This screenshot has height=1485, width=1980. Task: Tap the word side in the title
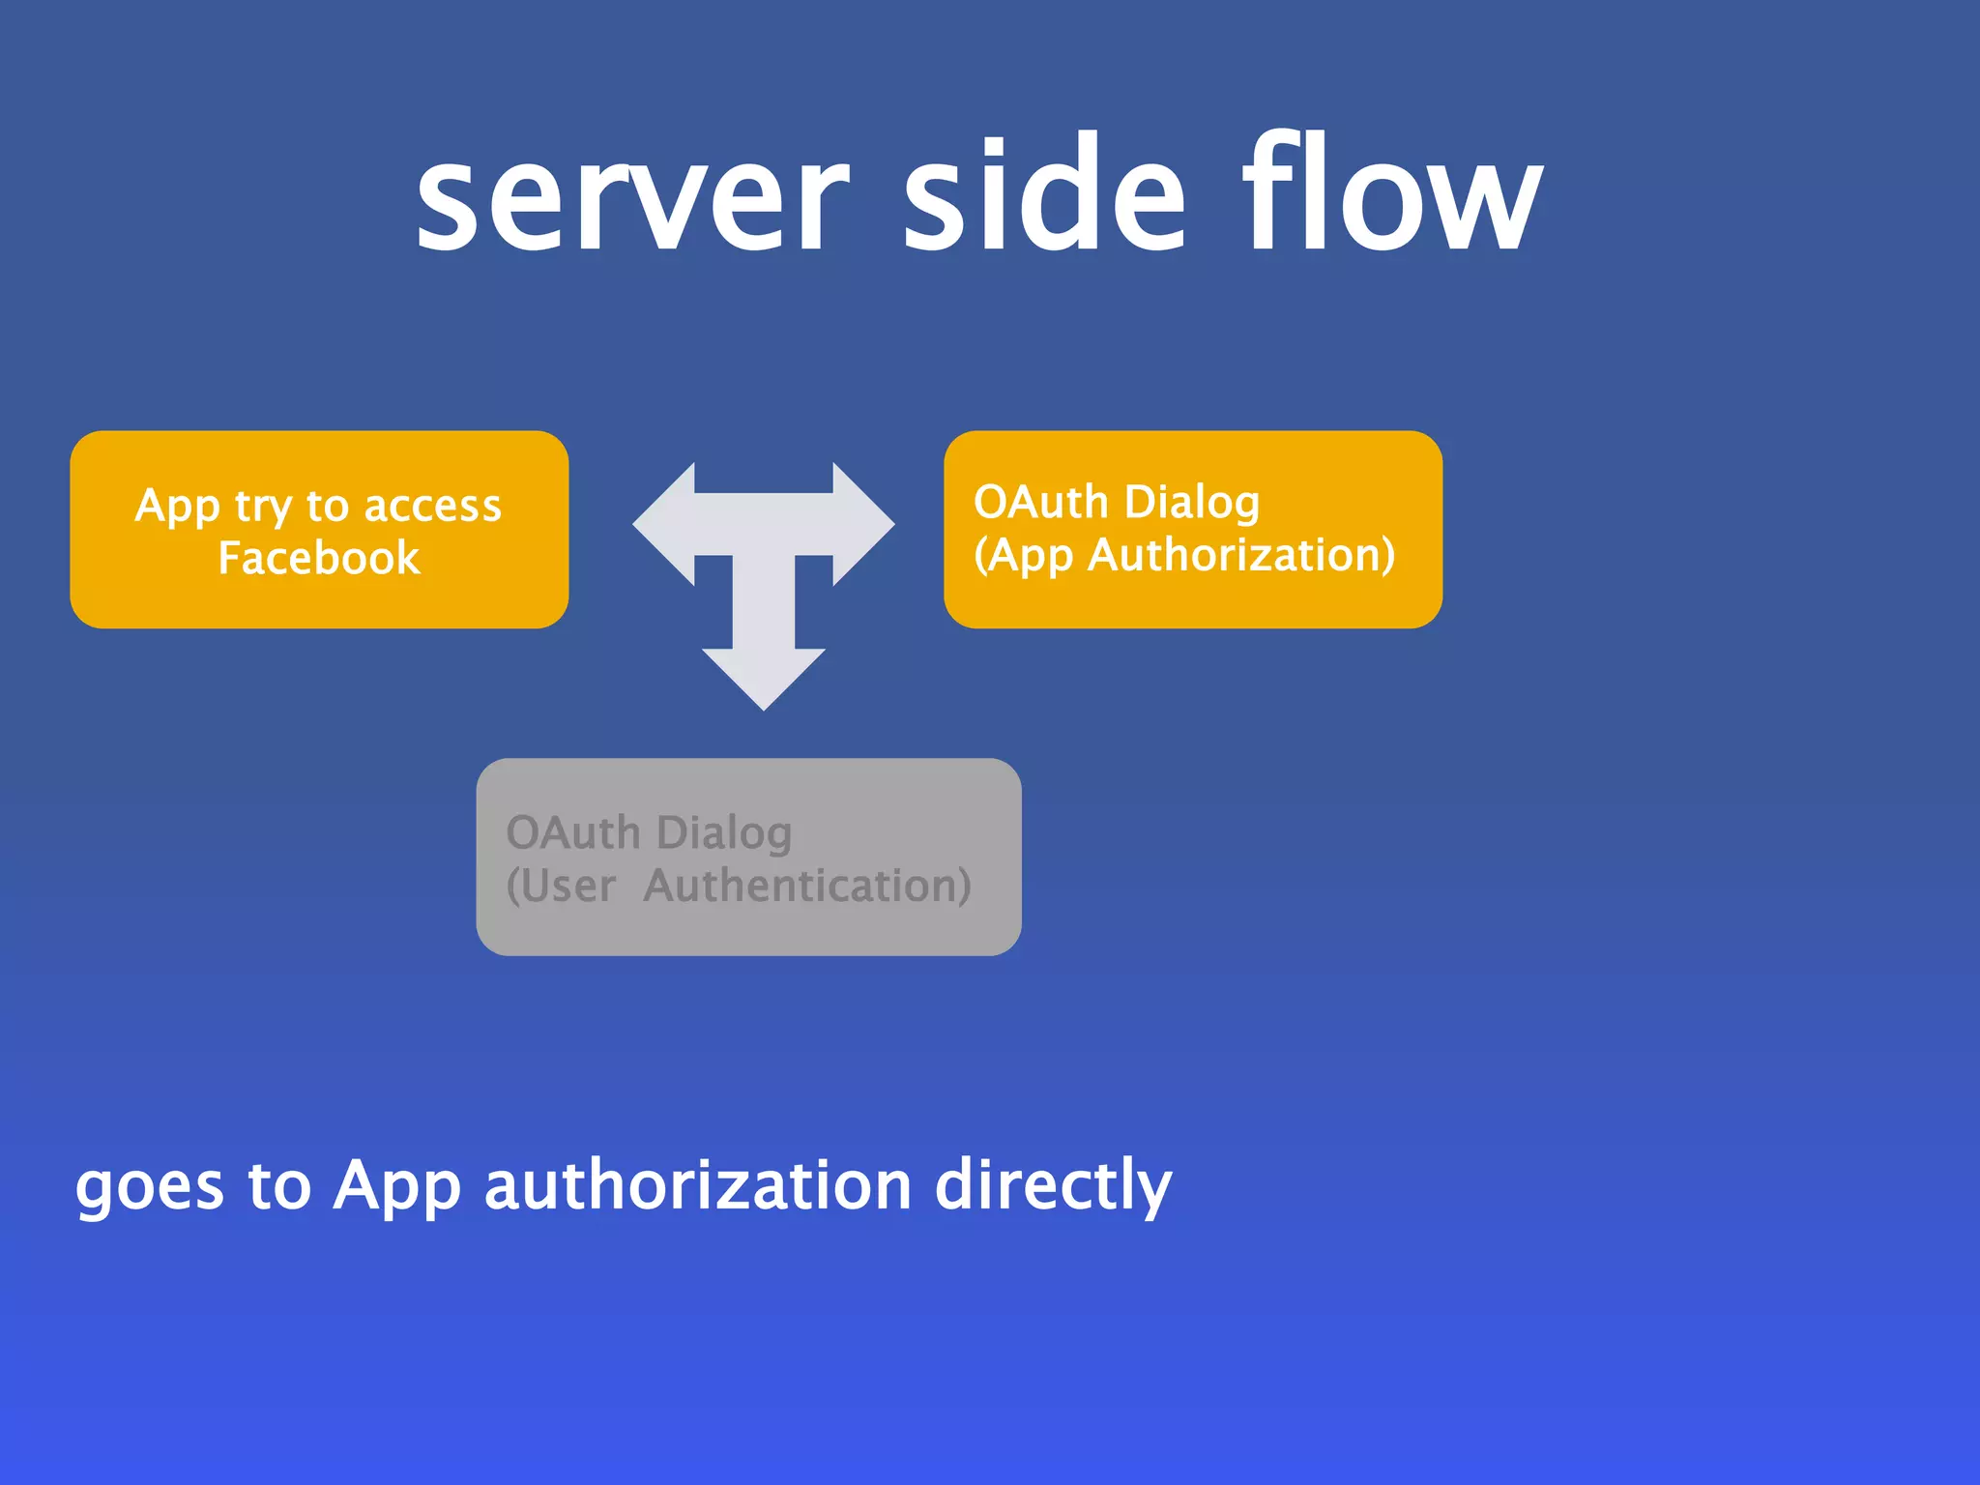click(1044, 193)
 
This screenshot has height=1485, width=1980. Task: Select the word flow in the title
click(1392, 193)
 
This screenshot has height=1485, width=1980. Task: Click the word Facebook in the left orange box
click(319, 558)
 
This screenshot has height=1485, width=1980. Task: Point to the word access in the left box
click(432, 506)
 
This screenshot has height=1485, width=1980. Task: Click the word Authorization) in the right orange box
click(1241, 555)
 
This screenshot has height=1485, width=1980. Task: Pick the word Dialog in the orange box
click(1192, 503)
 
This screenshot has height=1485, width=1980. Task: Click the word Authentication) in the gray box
click(807, 886)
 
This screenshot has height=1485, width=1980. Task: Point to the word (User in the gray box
click(561, 886)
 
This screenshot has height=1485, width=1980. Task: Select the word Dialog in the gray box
click(724, 833)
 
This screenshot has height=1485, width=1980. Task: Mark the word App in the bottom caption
click(396, 1187)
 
